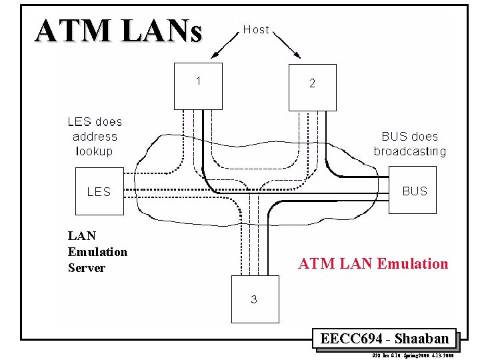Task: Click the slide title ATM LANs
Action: tap(118, 31)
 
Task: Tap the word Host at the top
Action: tap(256, 29)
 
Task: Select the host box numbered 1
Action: tap(197, 85)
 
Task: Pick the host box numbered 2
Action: tap(312, 87)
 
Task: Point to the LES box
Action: tap(99, 192)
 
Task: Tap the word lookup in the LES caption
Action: tap(95, 151)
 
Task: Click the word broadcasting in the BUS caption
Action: tap(409, 151)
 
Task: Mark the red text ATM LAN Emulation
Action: tap(373, 264)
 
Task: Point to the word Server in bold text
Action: tap(87, 268)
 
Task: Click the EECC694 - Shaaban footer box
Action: tap(384, 339)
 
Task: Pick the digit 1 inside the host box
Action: tap(198, 81)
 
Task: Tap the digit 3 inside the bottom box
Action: tap(253, 299)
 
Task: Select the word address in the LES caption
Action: tap(95, 137)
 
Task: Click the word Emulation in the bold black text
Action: tap(97, 252)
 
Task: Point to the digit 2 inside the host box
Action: tap(312, 84)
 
